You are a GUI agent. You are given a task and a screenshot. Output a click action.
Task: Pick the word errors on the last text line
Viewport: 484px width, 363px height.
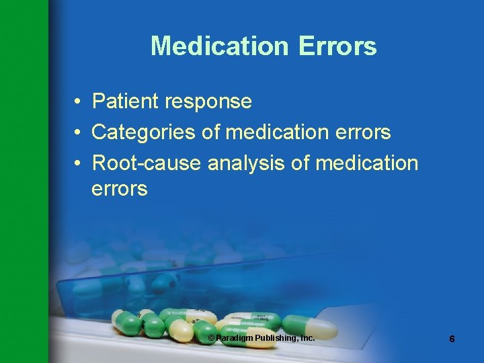pos(119,189)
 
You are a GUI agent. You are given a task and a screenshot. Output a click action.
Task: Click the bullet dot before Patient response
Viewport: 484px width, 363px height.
pos(79,102)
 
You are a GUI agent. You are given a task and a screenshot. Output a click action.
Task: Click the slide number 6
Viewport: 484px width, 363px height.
pos(452,339)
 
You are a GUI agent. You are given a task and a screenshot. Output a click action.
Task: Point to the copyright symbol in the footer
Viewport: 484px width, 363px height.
pos(211,337)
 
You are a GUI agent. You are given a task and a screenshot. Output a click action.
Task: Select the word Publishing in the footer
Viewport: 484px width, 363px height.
pos(274,337)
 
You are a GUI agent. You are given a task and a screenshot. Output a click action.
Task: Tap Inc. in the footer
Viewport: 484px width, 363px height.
pos(307,337)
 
